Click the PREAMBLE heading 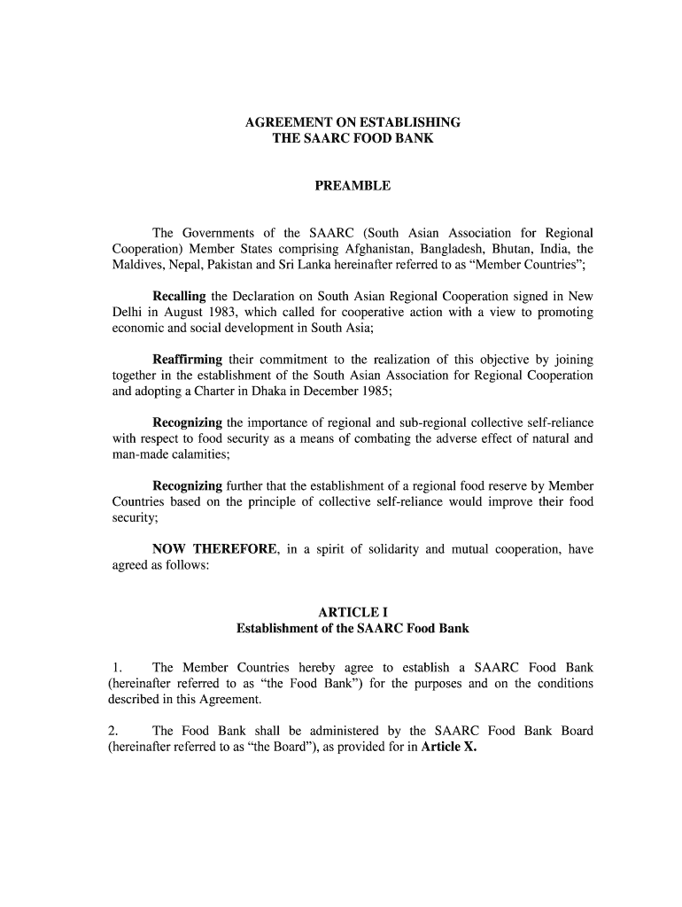coord(353,187)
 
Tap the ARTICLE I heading coord(353,612)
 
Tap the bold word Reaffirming coord(188,360)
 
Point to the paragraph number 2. coord(113,731)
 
